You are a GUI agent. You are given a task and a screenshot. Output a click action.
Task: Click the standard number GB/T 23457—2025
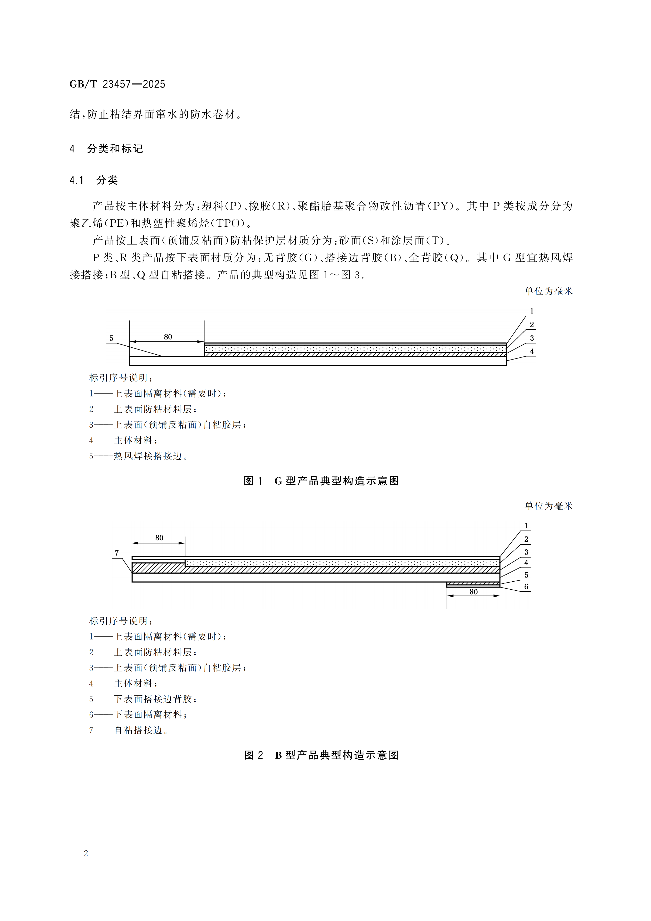click(117, 84)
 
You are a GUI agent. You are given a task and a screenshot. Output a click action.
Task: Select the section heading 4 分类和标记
click(106, 149)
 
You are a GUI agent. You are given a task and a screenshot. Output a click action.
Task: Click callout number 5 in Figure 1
click(112, 338)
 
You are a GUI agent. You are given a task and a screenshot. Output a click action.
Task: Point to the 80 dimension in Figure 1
click(168, 337)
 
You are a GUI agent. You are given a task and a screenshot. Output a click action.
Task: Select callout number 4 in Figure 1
click(532, 351)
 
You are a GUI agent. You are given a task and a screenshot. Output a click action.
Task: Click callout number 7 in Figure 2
click(117, 553)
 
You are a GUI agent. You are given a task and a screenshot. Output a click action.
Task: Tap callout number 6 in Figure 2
click(526, 587)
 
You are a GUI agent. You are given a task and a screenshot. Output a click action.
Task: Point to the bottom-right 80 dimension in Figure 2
click(474, 592)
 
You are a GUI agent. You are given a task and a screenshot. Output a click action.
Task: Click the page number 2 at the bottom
click(86, 853)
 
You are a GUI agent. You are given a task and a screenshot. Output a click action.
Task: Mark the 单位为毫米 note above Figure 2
click(548, 506)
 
